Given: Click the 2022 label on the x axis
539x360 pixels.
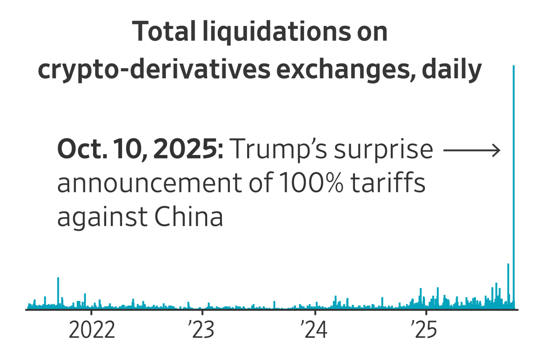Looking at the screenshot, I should [92, 331].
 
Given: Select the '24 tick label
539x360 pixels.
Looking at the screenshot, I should [314, 331].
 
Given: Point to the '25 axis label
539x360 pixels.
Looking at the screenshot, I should [425, 331].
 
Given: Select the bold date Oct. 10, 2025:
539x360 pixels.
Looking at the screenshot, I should [140, 149].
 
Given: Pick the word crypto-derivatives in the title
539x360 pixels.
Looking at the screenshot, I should [154, 70].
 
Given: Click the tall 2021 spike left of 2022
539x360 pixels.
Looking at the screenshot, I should [58, 293].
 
